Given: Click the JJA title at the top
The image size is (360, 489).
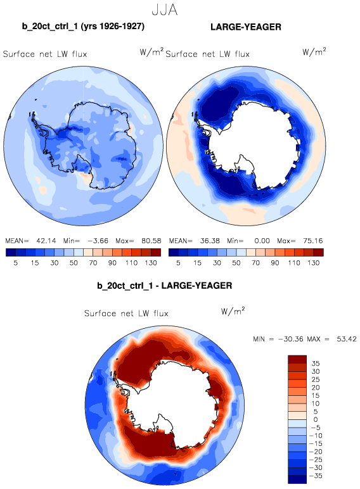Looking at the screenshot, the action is point(165,10).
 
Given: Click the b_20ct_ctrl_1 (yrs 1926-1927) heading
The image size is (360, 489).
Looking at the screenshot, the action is point(83,26).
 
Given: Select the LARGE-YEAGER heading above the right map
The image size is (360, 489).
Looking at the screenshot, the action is point(246,27).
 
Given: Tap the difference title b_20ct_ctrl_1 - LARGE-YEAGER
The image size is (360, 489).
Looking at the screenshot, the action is point(164,286).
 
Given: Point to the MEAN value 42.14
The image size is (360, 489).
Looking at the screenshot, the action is point(46,241).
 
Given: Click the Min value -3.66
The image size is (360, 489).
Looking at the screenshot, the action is point(98,241).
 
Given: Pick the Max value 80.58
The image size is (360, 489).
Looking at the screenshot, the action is point(151,241).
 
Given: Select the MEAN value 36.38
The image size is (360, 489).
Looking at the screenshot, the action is point(209,241).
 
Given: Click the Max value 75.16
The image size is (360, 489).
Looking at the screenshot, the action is point(313,241).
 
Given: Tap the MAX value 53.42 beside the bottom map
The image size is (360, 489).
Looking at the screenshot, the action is point(346,339).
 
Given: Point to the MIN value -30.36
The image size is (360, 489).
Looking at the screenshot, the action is point(290,339).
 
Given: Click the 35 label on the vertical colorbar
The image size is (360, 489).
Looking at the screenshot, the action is point(316,364).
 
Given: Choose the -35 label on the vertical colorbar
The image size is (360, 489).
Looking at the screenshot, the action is point(316,476).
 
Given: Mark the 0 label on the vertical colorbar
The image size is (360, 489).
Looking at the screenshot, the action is point(316,419).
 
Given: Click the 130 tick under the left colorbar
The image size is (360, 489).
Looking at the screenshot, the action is point(151,263).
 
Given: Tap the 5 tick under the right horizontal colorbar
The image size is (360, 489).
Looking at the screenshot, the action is point(178,263).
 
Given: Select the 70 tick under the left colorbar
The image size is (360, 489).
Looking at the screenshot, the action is point(93,263).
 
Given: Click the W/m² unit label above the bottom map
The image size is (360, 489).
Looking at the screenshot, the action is point(233,311).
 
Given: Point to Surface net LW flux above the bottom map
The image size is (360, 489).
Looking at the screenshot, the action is point(126,313).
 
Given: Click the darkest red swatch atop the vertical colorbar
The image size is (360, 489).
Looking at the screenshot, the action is point(297,359).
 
